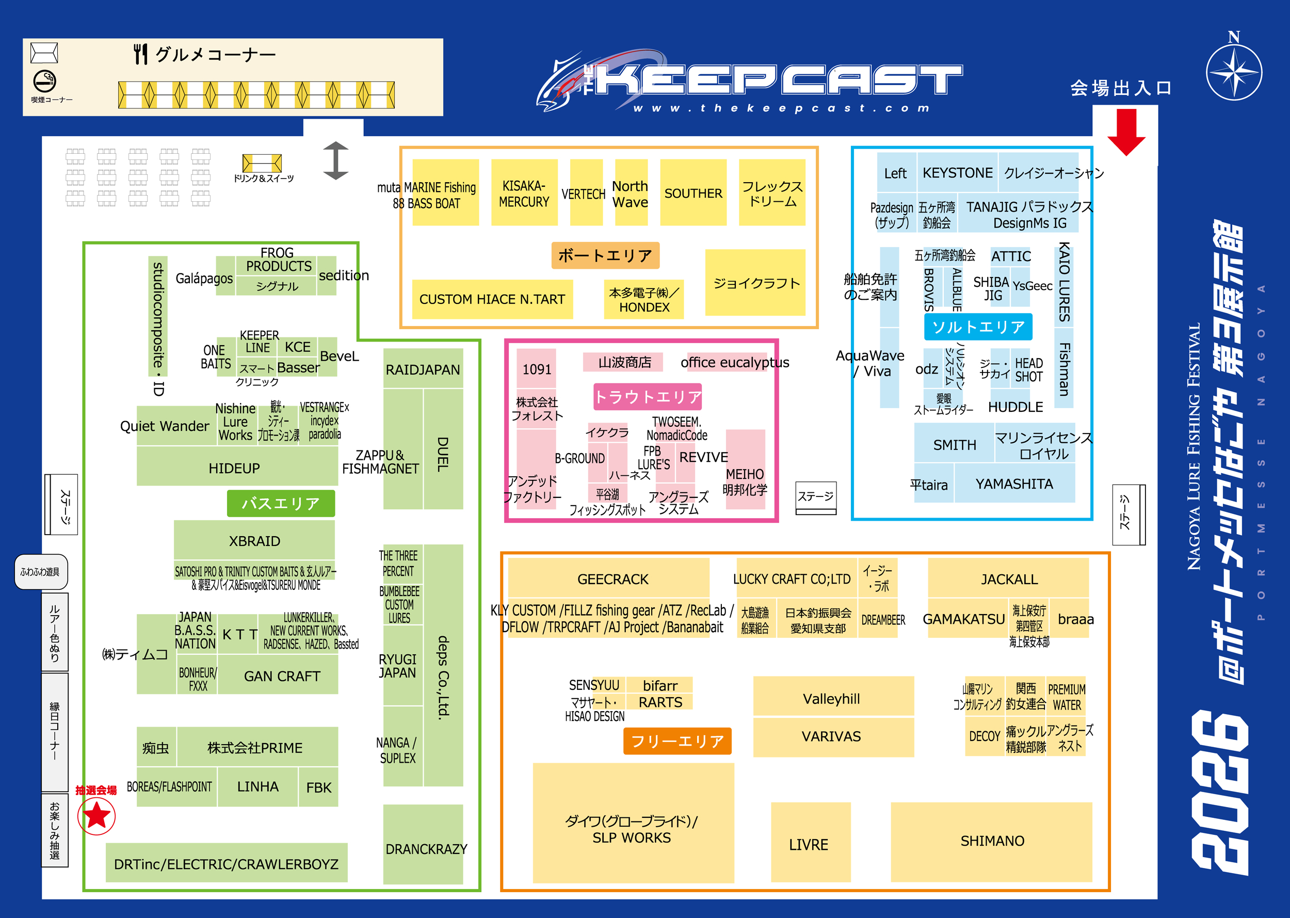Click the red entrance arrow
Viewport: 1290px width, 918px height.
click(1126, 132)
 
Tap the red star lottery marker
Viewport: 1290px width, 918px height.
click(96, 816)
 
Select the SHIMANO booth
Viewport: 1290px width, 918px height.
click(992, 841)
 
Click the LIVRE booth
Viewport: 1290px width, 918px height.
click(810, 843)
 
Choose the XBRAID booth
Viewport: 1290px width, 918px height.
click(254, 540)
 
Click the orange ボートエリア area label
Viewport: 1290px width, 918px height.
click(605, 255)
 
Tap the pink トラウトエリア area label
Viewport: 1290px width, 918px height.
click(647, 397)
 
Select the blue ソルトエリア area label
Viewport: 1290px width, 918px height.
click(978, 327)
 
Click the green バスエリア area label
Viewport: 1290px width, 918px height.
click(280, 503)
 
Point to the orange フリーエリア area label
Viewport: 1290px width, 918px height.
click(677, 740)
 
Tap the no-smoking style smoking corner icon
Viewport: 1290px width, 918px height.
click(45, 82)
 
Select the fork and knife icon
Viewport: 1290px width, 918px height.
click(141, 54)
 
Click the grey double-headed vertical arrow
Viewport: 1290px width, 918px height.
click(336, 160)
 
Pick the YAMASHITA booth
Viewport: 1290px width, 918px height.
click(1014, 484)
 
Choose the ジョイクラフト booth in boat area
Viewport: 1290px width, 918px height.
click(755, 283)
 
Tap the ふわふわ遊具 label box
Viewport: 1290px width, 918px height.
click(41, 571)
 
